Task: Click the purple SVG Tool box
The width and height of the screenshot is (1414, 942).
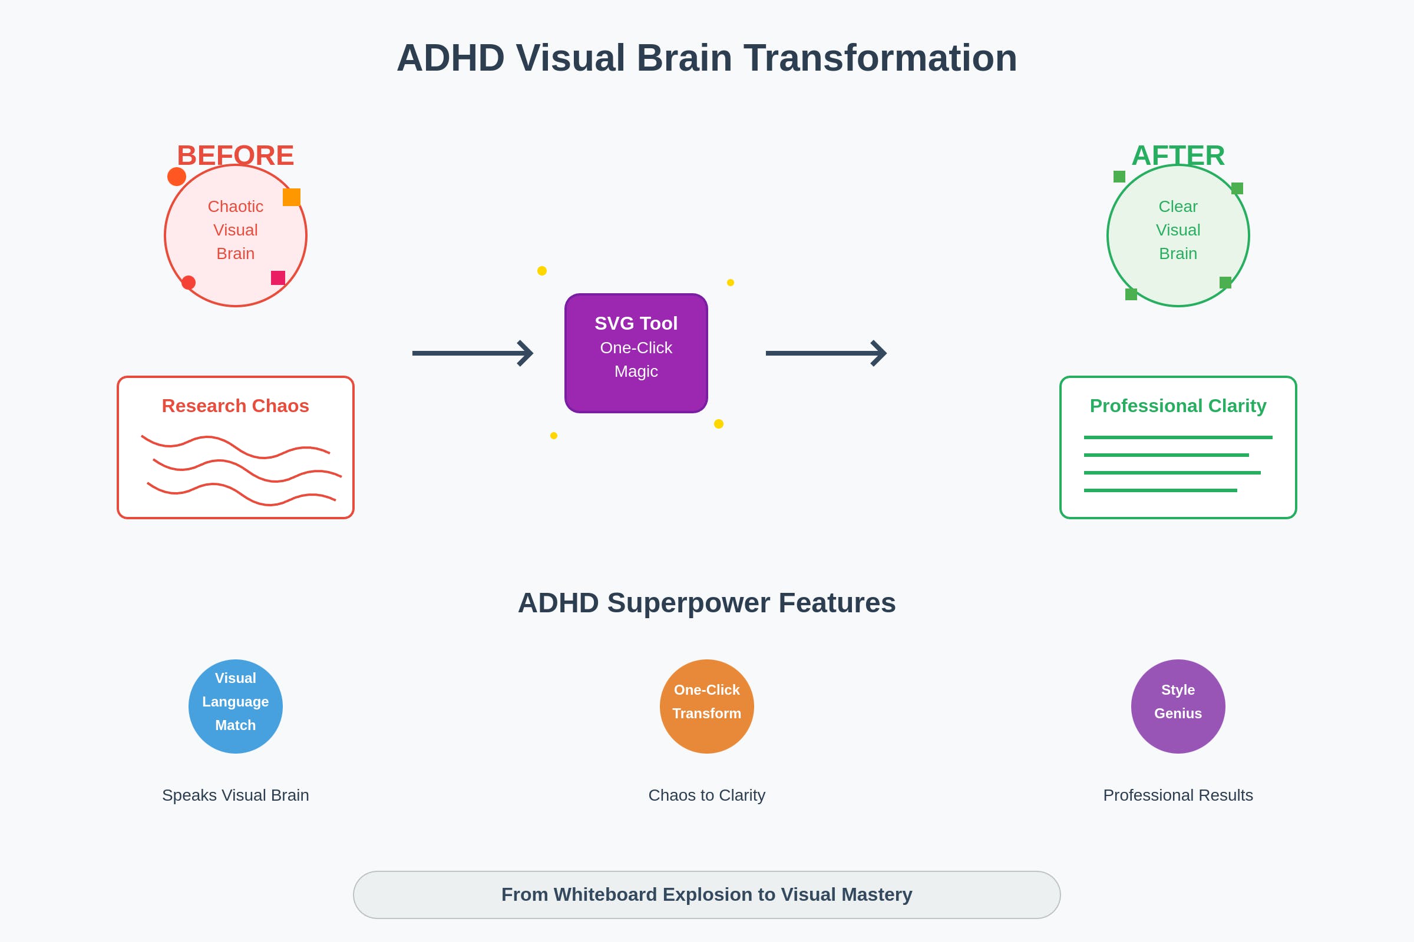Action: point(636,353)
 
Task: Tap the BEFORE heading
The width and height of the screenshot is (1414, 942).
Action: point(236,155)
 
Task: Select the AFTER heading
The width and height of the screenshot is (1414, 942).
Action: point(1178,155)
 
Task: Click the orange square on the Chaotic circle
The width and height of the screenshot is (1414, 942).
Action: point(292,197)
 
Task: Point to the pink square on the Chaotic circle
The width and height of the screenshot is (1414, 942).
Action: point(277,277)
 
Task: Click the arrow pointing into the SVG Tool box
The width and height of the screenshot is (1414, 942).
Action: point(473,353)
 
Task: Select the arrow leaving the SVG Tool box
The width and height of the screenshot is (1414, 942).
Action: point(826,353)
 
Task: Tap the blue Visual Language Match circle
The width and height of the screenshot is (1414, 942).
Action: point(236,706)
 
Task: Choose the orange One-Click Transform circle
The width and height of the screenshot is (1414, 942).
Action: point(707,706)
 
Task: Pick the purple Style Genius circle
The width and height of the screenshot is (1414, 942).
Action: point(1178,706)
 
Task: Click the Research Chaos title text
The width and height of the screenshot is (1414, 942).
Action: point(236,406)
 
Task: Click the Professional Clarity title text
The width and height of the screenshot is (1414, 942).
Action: point(1178,406)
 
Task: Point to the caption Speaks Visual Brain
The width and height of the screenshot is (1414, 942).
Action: point(236,795)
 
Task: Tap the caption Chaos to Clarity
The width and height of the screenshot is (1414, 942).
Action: point(707,795)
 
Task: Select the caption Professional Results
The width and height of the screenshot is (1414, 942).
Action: point(1178,795)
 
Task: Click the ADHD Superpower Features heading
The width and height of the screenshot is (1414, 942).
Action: point(707,603)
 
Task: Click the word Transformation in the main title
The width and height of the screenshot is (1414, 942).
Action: point(880,58)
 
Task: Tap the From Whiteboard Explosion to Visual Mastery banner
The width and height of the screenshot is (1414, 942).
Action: point(707,895)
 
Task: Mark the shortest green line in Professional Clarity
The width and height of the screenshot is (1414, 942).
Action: point(1160,490)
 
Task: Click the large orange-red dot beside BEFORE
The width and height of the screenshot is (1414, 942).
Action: point(177,177)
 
